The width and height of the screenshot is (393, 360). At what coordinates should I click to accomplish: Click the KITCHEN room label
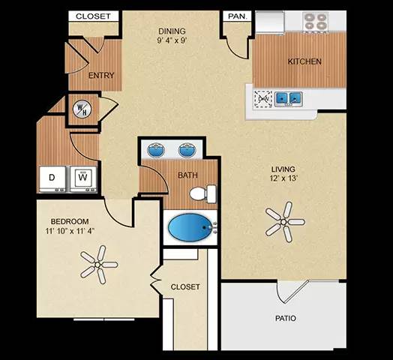[304, 61]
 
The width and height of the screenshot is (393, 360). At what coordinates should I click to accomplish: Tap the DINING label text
[172, 31]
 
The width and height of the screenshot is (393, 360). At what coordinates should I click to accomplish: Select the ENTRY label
[101, 76]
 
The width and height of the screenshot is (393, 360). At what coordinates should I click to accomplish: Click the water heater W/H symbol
[80, 108]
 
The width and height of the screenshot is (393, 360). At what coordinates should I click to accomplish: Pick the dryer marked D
[52, 178]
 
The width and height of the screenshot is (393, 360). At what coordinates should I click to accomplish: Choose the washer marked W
[83, 178]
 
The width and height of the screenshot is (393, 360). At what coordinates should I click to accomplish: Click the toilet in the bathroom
[199, 194]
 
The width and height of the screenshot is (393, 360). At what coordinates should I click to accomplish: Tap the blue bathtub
[190, 226]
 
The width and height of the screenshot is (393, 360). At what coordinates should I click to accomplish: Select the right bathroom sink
[187, 150]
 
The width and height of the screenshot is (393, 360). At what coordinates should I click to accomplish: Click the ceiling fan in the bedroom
[99, 263]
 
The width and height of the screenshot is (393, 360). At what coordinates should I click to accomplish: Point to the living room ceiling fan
[284, 221]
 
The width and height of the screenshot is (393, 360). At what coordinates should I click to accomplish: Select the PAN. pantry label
[237, 16]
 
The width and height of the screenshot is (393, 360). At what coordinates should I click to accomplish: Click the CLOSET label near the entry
[93, 16]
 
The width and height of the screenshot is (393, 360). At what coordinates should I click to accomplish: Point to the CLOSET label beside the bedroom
[184, 287]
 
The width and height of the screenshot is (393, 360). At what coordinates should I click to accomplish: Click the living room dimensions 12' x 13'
[283, 179]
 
